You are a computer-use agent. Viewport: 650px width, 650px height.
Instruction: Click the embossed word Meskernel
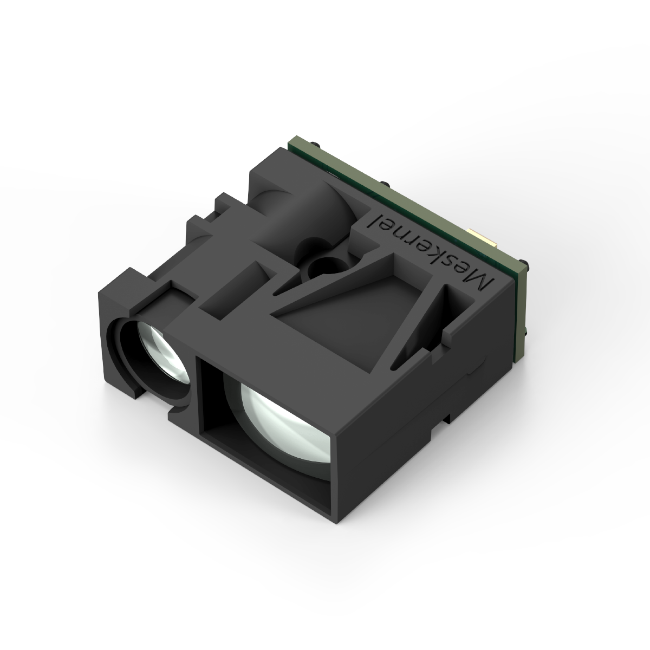click(431, 251)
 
